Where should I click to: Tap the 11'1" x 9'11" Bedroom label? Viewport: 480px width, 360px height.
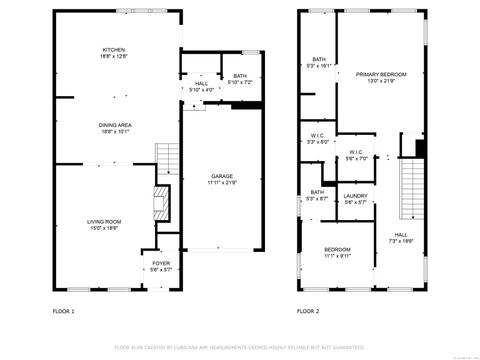pos(337,251)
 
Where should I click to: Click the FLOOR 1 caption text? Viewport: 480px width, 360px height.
pos(63,311)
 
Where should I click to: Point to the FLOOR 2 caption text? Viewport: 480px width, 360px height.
pos(308,311)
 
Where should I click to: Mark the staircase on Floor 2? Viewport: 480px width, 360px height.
pos(411,190)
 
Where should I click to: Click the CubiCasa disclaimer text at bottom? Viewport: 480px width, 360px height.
pos(239,347)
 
